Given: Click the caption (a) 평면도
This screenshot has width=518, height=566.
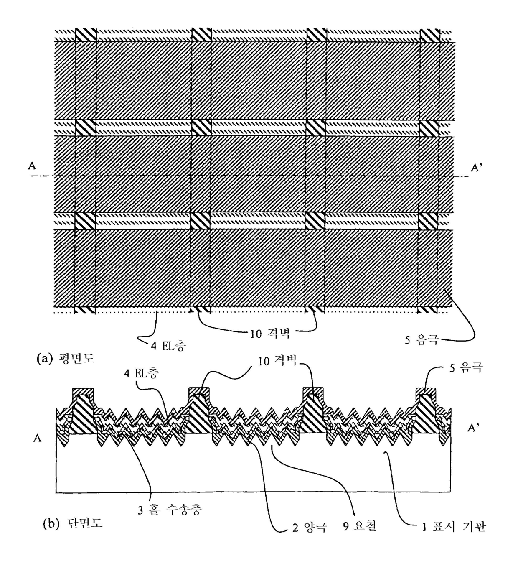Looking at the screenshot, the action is click(66, 358).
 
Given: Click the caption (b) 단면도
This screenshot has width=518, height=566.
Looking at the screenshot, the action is click(73, 524).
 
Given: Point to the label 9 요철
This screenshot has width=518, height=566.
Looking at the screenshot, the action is click(360, 526).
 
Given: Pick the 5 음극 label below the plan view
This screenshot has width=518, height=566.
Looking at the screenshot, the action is click(422, 340).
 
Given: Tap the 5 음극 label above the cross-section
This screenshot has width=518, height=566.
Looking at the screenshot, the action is click(466, 368).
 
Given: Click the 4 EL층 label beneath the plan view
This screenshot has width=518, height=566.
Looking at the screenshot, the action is click(169, 346).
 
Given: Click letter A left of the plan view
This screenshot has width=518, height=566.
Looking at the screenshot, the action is click(32, 166).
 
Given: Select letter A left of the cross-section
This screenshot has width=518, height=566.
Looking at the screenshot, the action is click(38, 439).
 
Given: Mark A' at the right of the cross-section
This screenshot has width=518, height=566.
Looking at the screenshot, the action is click(472, 428).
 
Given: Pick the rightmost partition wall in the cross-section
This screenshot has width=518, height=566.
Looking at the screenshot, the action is click(426, 414).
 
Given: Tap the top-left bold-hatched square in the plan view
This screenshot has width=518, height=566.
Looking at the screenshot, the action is click(86, 35).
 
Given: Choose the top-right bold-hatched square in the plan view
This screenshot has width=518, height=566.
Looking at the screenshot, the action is click(429, 35).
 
